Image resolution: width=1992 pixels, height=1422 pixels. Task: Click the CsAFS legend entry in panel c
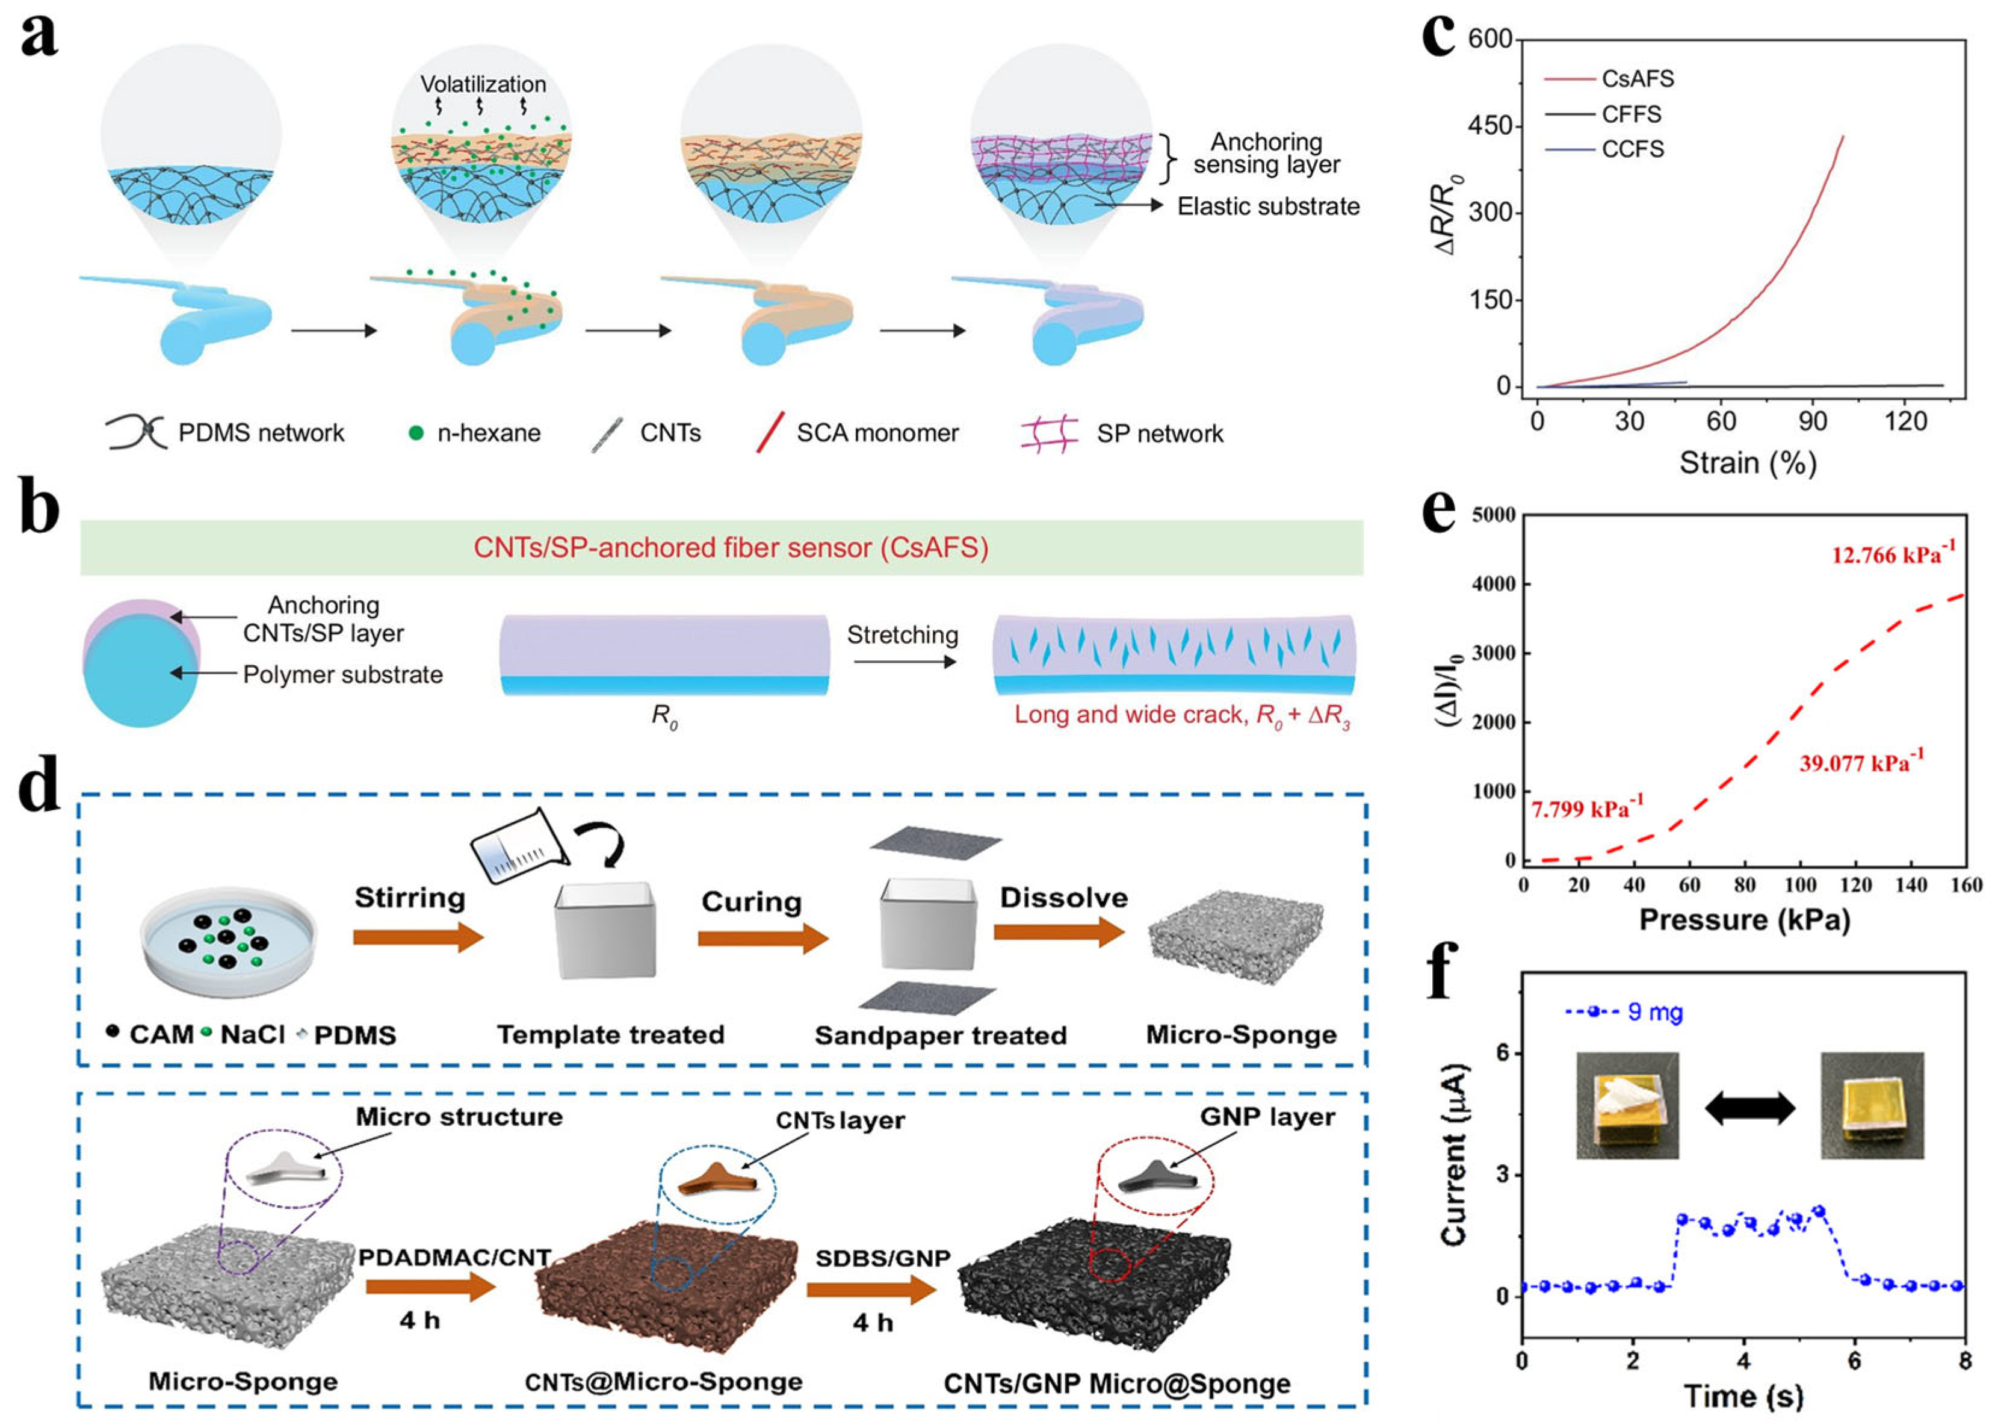[x=1637, y=79]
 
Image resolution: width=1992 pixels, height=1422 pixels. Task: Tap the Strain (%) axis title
[x=1747, y=462]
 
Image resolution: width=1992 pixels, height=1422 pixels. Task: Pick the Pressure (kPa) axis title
[x=1744, y=919]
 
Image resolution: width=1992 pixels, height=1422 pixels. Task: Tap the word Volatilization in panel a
[x=483, y=84]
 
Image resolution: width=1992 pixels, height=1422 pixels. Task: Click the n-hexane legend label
[x=489, y=432]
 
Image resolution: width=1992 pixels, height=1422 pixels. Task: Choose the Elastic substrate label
[x=1267, y=206]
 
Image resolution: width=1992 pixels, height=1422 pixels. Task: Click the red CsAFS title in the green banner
[x=731, y=547]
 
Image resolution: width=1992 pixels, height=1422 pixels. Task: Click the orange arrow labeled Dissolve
[x=1059, y=933]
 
